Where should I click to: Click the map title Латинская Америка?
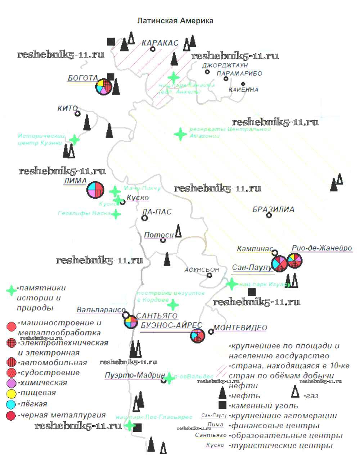pos(175,21)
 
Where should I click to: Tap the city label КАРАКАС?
pos(160,43)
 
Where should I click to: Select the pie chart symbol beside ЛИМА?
pos(95,189)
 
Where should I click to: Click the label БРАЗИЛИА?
pos(273,209)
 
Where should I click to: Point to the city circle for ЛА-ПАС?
pos(145,218)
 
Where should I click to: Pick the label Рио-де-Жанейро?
pos(322,248)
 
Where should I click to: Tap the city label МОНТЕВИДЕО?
pos(240,327)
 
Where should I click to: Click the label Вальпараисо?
pos(101,310)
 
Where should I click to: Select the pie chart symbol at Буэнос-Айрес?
pos(197,336)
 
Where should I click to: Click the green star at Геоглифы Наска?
pos(116,214)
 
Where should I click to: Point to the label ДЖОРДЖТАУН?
pos(225,65)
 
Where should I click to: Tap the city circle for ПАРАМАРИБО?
pos(226,79)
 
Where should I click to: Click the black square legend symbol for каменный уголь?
pos(222,405)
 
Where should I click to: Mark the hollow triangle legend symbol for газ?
pos(295,391)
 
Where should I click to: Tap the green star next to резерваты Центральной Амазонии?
pos(180,134)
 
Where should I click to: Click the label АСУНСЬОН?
pos(202,270)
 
